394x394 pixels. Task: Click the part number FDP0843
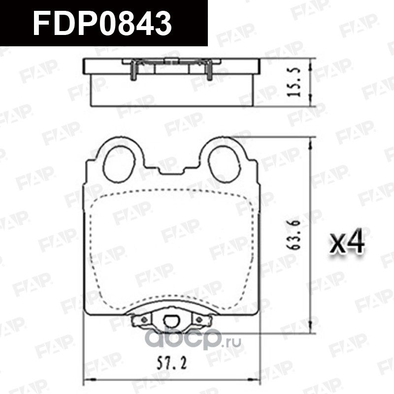(x=102, y=23)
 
